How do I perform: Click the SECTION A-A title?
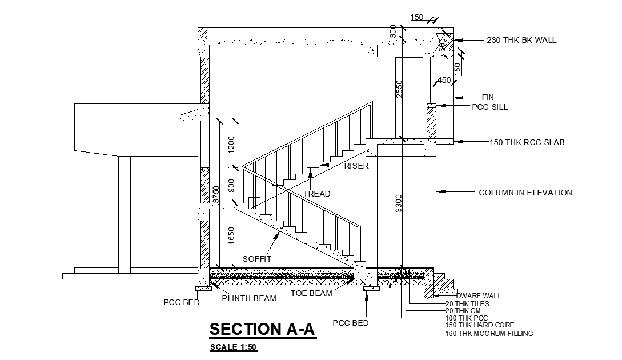(263, 330)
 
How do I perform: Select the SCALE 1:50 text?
(233, 347)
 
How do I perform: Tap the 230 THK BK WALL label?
(521, 41)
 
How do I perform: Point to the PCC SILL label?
(489, 107)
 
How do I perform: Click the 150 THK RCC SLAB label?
(527, 142)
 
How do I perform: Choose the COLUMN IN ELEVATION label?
(525, 193)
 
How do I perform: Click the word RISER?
(356, 166)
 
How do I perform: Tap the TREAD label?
(316, 194)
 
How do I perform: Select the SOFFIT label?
(256, 259)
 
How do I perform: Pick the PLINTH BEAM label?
(249, 298)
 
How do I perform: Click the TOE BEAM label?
(311, 293)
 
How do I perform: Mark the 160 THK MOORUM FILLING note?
(489, 334)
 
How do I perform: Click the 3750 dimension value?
(216, 195)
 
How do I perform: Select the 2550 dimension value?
(400, 89)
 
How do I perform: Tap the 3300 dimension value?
(399, 203)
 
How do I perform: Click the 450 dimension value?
(444, 81)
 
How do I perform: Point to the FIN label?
(487, 98)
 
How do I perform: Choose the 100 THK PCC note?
(467, 318)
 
